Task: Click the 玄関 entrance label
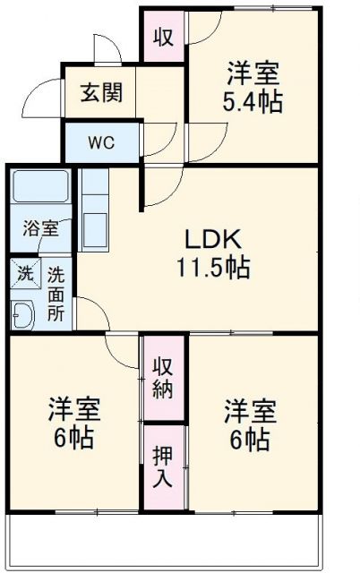tap(100, 92)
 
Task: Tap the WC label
tap(100, 141)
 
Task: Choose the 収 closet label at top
tap(162, 37)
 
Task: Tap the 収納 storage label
tap(163, 378)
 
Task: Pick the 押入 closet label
tap(163, 466)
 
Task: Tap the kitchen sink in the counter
tap(94, 223)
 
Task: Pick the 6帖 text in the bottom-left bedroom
tap(74, 440)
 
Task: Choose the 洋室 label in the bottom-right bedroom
tap(251, 412)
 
